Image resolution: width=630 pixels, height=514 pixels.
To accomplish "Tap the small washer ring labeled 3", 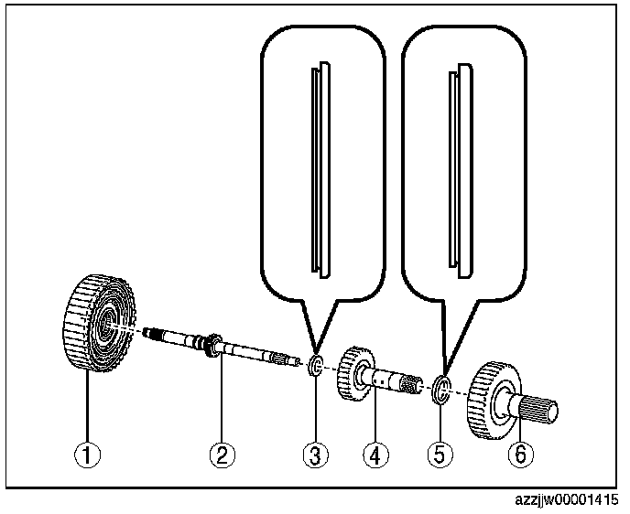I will click(315, 368).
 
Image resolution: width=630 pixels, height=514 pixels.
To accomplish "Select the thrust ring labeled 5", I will click(440, 389).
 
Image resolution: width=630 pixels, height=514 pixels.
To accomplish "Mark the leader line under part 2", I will click(221, 402).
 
